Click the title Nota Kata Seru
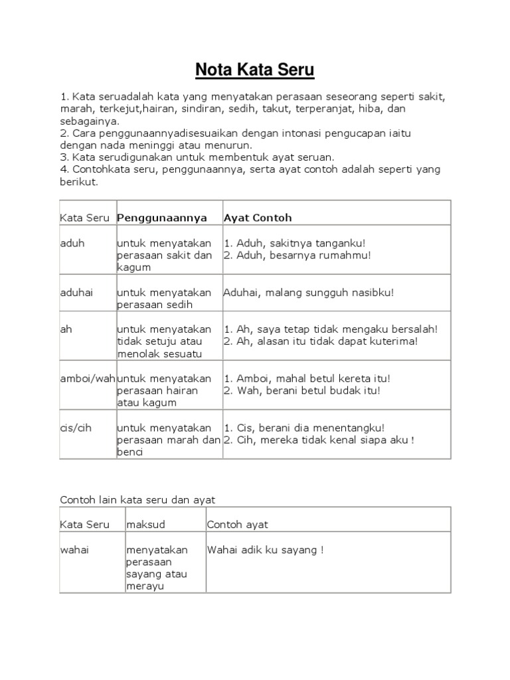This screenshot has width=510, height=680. tap(254, 70)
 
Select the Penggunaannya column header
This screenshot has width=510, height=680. tap(162, 218)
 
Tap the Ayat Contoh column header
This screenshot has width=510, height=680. tap(258, 218)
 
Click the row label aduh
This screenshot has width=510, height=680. tap(72, 243)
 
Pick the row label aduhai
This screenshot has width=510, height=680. tap(77, 292)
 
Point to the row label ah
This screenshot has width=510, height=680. tap(66, 329)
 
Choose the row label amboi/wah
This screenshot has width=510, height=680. tap(88, 379)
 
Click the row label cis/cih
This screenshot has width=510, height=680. tap(76, 428)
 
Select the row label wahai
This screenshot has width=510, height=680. tap(74, 550)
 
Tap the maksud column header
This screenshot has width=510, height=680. tap(145, 525)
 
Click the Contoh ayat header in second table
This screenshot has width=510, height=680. tap(238, 525)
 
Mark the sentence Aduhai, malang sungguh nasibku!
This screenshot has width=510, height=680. tap(309, 292)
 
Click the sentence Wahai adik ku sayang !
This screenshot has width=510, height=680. tap(266, 550)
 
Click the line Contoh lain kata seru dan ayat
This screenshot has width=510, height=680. tap(138, 499)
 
